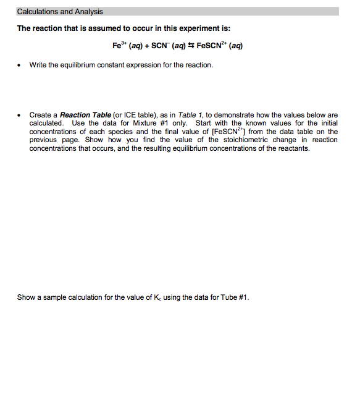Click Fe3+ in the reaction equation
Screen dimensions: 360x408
tap(119, 46)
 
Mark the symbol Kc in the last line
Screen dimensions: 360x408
tap(154, 298)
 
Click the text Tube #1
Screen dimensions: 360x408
tap(235, 297)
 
